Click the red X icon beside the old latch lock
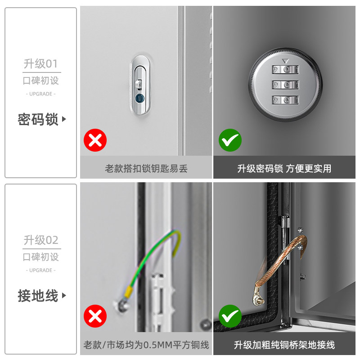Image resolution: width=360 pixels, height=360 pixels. coord(95,140)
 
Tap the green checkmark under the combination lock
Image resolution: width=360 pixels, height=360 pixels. coord(230,140)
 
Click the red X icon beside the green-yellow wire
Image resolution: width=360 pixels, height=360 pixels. coord(95,316)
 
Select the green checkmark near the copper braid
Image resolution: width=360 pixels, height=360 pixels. coord(230,316)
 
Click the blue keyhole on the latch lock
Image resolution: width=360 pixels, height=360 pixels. coord(139,98)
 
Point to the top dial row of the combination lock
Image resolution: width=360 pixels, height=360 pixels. coord(285,70)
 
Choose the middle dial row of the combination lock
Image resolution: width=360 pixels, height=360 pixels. coord(285,85)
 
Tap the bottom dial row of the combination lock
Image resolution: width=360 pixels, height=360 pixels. coord(285,100)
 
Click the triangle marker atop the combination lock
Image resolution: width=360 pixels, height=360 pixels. coord(285,61)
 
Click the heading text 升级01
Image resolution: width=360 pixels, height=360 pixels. coord(40,64)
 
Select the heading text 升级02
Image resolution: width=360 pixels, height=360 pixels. coord(41,240)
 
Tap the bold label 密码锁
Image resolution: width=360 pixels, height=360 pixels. coord(38,119)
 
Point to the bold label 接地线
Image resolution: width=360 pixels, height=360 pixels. coord(38,296)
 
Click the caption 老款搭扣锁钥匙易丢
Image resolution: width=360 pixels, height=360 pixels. coord(146,168)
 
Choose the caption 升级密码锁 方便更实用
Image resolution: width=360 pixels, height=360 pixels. coord(284,168)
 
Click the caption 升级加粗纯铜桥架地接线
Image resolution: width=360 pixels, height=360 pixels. coord(284,345)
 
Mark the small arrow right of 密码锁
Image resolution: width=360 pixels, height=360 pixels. coord(64,119)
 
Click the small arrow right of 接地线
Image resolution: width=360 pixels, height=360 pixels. coord(64,295)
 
